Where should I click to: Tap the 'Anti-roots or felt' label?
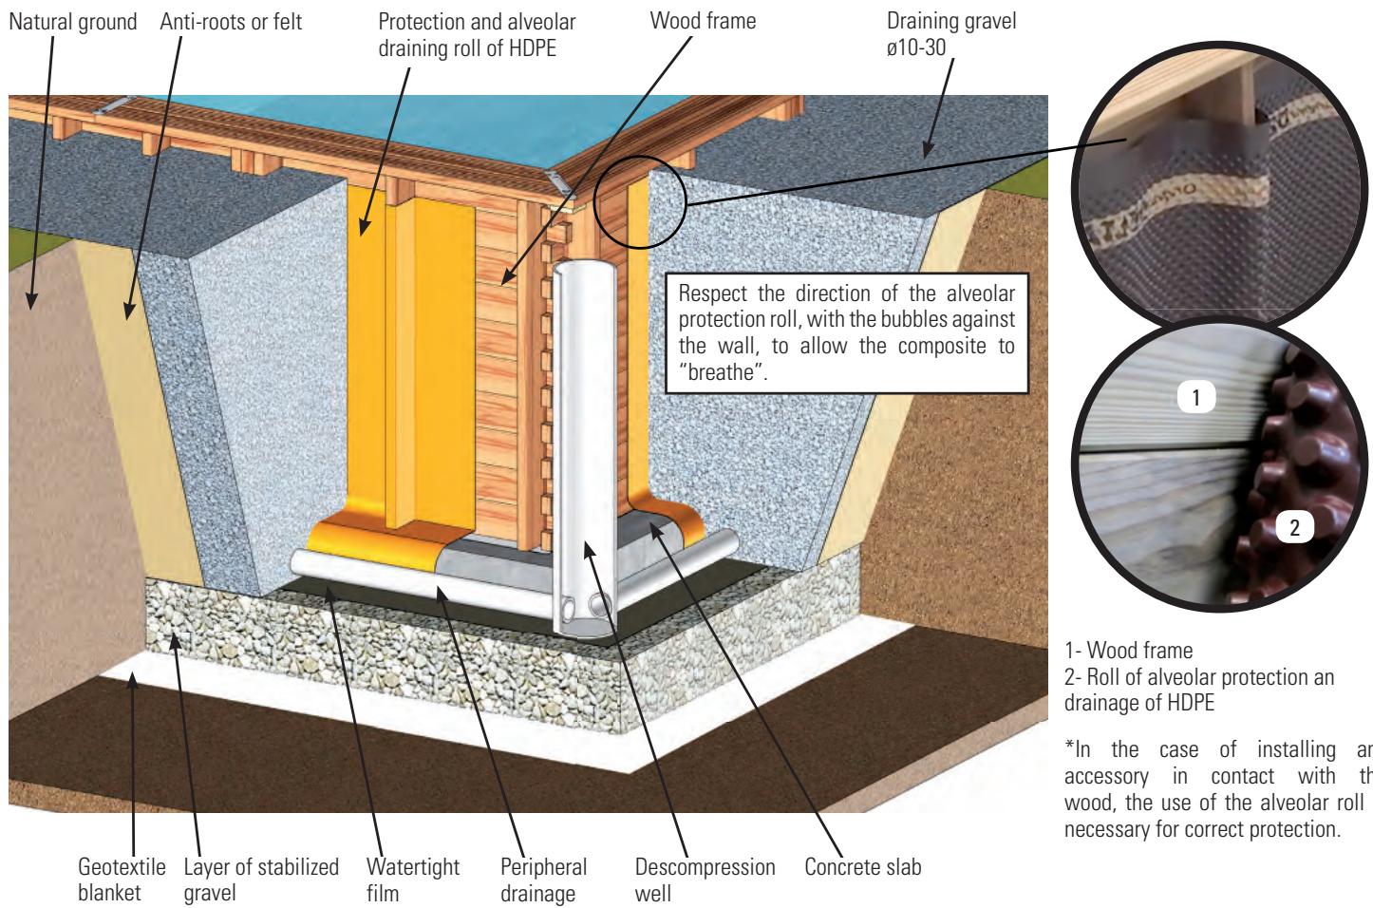231,20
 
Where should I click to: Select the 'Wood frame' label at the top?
703,20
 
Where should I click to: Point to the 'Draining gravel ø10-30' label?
950,32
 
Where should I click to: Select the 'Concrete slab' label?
862,866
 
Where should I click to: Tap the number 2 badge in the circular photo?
1293,530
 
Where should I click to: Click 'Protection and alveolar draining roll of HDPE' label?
476,32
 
